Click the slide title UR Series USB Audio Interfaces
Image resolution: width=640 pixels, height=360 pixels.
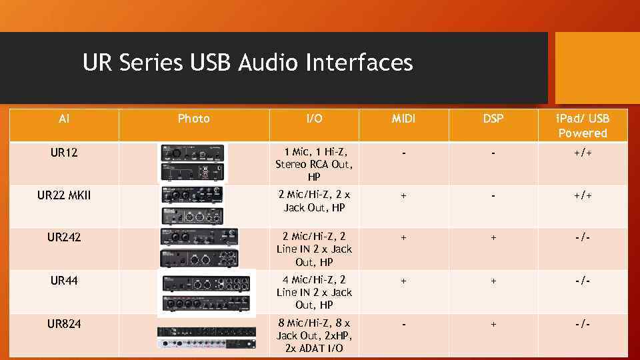[x=247, y=63]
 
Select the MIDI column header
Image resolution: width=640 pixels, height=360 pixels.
[x=403, y=119]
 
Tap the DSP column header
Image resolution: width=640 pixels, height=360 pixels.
[x=493, y=119]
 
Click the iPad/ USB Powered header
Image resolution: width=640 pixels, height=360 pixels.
[x=583, y=126]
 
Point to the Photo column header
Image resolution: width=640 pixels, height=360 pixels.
[x=193, y=119]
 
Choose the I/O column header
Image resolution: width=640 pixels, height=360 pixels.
[x=314, y=119]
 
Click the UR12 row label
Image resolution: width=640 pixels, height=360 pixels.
[x=64, y=153]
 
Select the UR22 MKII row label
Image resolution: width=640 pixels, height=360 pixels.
[x=64, y=195]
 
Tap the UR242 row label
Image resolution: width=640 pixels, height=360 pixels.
[x=64, y=237]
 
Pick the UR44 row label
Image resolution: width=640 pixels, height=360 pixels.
[x=64, y=281]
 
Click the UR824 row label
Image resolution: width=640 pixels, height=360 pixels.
[x=64, y=324]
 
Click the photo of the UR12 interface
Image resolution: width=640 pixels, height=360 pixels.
[x=193, y=163]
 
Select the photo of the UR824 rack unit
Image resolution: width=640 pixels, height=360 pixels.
[x=205, y=337]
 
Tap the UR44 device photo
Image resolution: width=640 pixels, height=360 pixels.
[x=206, y=293]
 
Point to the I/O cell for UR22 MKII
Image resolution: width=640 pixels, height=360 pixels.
[x=314, y=201]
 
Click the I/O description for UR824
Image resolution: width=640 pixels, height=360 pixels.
[x=314, y=336]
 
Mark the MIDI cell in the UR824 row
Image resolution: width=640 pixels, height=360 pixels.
[x=403, y=324]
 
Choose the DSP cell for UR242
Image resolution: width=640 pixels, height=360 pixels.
[x=493, y=237]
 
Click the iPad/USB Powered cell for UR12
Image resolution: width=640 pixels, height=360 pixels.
[x=583, y=153]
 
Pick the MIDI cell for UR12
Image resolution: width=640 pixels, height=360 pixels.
[x=403, y=153]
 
